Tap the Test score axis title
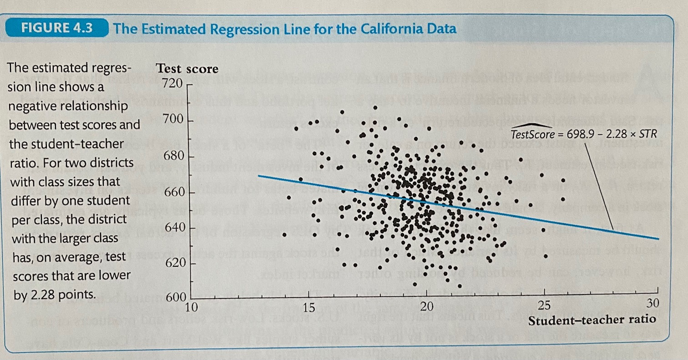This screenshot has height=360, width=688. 187,69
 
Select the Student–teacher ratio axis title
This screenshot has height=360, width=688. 592,319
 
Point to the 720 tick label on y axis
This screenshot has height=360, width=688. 172,84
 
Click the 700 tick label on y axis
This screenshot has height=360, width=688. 172,121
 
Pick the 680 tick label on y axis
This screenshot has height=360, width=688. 172,157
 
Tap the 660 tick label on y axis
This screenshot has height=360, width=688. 172,192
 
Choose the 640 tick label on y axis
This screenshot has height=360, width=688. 172,228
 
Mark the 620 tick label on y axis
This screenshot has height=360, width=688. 172,264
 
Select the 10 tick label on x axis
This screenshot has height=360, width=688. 192,306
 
